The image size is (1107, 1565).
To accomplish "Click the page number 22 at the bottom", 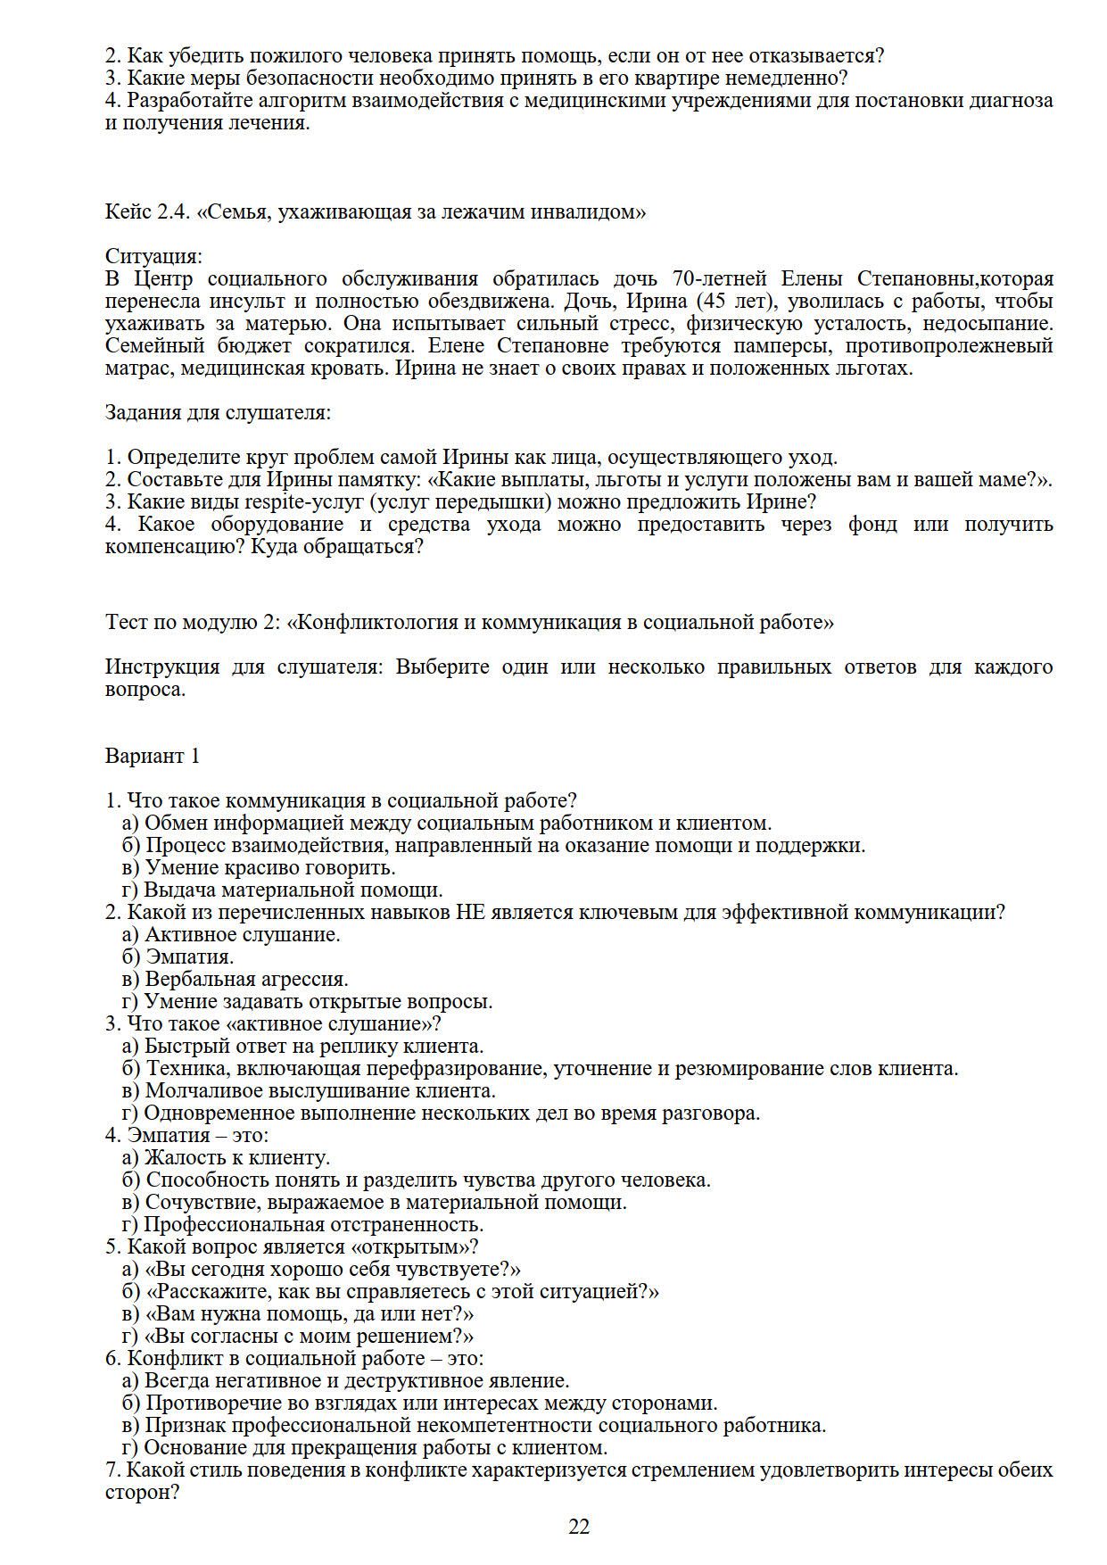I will [579, 1527].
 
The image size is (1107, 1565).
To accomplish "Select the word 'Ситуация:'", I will [153, 256].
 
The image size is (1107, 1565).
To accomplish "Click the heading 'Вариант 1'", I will [153, 756].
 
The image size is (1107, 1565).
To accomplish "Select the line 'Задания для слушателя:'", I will [218, 412].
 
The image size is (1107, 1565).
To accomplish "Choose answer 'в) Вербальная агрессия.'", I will [235, 979].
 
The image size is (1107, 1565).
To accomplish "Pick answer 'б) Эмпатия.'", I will [178, 956].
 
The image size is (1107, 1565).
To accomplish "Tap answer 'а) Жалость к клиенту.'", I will [226, 1157].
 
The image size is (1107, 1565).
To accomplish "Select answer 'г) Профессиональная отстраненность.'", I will [302, 1224].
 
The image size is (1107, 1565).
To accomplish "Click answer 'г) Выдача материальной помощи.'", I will [282, 890].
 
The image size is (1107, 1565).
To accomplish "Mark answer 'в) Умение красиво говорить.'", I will [258, 867].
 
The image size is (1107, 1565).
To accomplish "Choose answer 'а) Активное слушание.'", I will [231, 934].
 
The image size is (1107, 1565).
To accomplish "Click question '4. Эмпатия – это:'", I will [186, 1135].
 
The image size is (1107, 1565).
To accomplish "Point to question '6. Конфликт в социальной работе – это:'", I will [294, 1358].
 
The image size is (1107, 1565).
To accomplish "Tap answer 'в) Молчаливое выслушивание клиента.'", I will [309, 1090].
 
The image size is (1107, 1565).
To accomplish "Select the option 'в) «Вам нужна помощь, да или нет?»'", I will [297, 1313].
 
